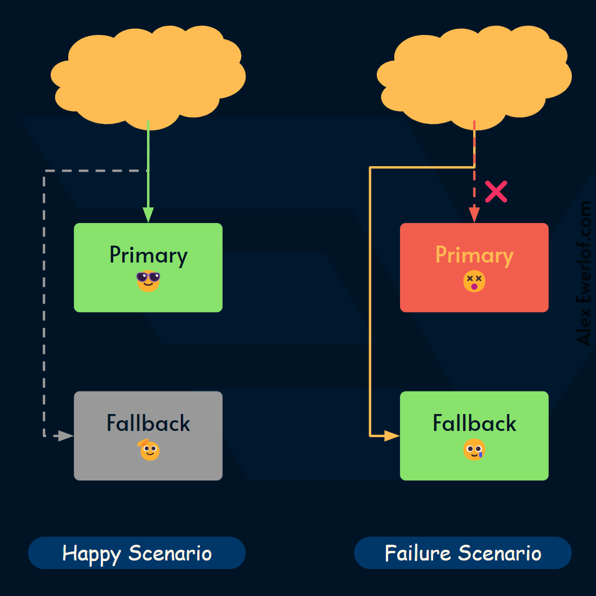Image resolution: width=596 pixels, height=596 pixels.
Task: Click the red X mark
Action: [496, 192]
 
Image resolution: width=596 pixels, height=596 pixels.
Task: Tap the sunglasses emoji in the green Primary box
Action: [148, 281]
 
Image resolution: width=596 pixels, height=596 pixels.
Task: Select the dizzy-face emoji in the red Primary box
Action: [474, 281]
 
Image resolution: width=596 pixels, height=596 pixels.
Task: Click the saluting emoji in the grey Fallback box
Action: [149, 450]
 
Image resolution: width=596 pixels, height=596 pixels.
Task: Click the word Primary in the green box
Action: [148, 255]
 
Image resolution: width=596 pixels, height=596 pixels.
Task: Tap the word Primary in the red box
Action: [474, 255]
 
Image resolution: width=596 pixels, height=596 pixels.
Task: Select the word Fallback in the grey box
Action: [148, 423]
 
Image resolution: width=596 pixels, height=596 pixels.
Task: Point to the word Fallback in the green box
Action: [474, 423]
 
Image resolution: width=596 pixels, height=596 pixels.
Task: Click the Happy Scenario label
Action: [137, 553]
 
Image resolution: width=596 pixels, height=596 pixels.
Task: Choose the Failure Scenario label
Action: [462, 553]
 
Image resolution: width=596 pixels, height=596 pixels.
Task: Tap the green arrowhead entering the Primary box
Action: [148, 215]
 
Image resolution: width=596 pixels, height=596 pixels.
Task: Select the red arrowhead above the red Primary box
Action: [474, 215]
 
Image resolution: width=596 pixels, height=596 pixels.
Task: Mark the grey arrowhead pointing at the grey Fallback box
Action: [66, 435]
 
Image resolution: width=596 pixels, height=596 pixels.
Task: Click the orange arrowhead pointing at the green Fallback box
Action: [392, 435]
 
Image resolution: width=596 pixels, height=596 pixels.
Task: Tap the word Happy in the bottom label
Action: [91, 553]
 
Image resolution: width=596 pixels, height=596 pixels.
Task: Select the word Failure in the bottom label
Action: [417, 553]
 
